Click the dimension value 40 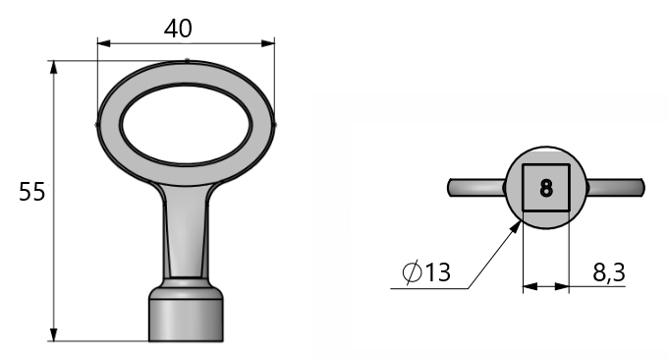click(178, 29)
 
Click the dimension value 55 click(32, 192)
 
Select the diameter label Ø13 click(426, 272)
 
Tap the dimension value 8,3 click(609, 272)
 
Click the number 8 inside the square click(546, 188)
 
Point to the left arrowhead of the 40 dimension click(104, 43)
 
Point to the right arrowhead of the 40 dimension click(268, 43)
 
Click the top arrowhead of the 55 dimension click(53, 68)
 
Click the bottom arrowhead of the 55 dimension click(53, 334)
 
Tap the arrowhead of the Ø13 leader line click(517, 227)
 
